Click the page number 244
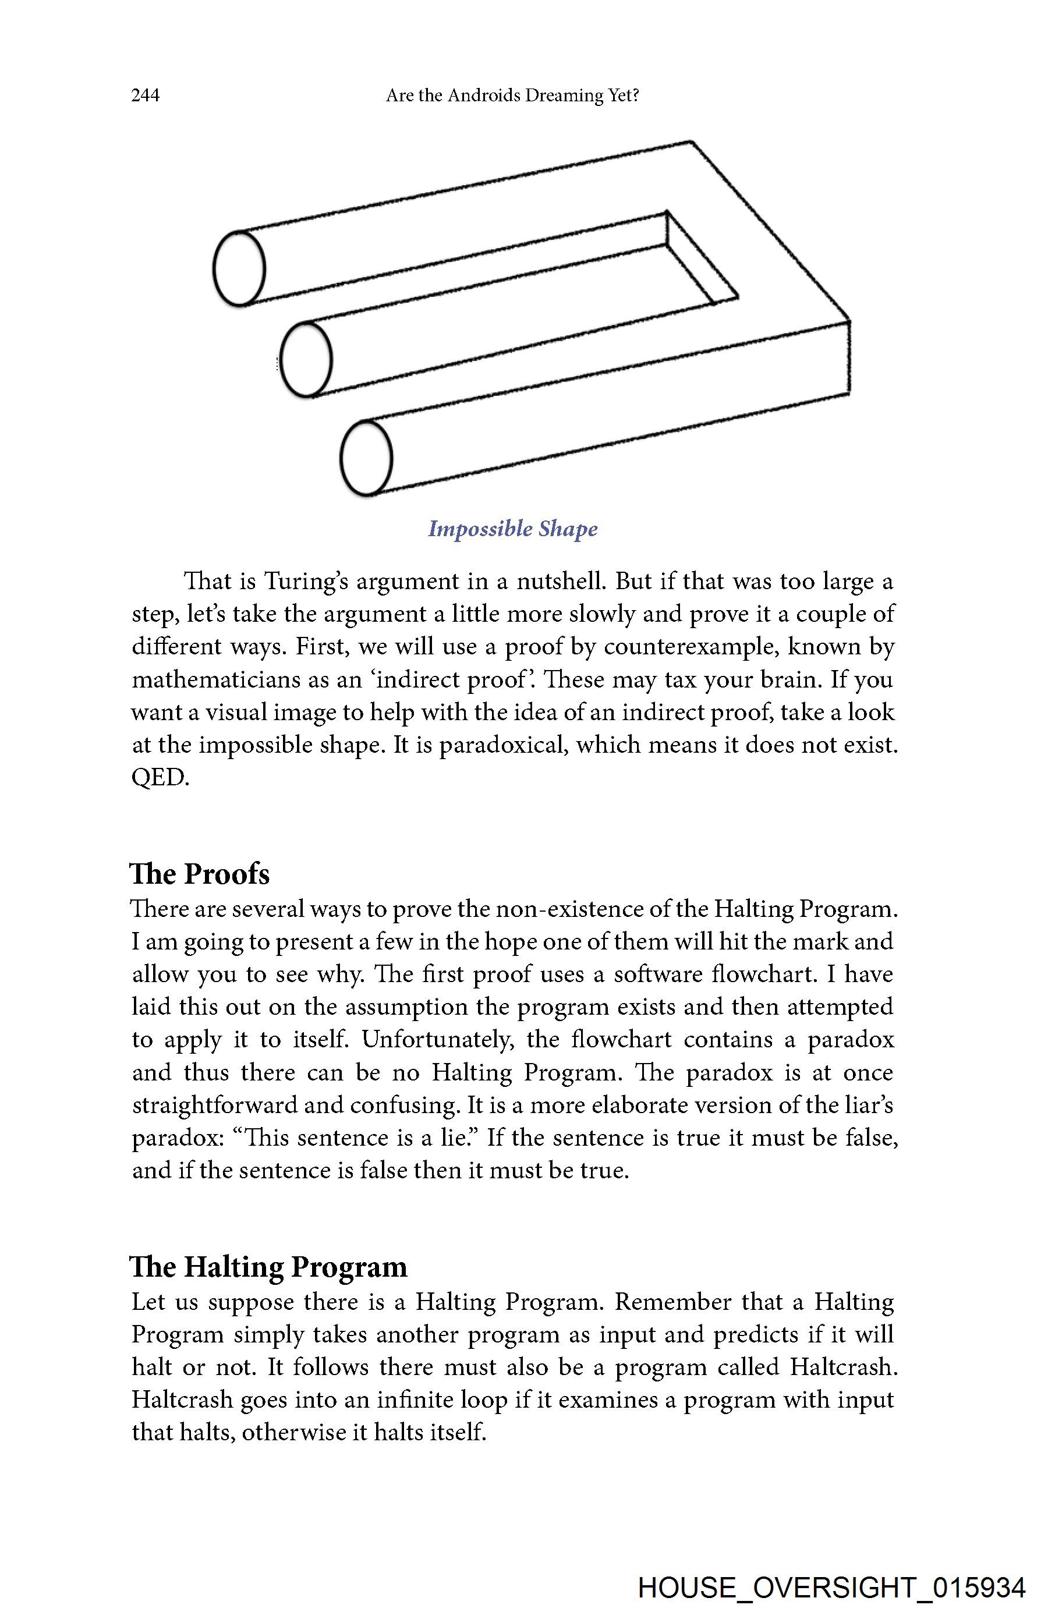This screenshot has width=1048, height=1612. pyautogui.click(x=145, y=95)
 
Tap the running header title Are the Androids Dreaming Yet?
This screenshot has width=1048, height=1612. pyautogui.click(x=512, y=95)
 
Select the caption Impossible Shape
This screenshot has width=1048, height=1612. pyautogui.click(x=513, y=528)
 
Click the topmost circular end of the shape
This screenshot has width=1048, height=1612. pyautogui.click(x=239, y=268)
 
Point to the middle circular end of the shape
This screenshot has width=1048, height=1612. pyautogui.click(x=306, y=359)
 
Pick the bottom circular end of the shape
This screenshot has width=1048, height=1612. pyautogui.click(x=366, y=458)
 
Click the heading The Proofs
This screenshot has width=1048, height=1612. pyautogui.click(x=200, y=874)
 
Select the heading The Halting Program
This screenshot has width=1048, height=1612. pyautogui.click(x=268, y=1267)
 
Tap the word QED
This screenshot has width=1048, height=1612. pyautogui.click(x=160, y=778)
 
